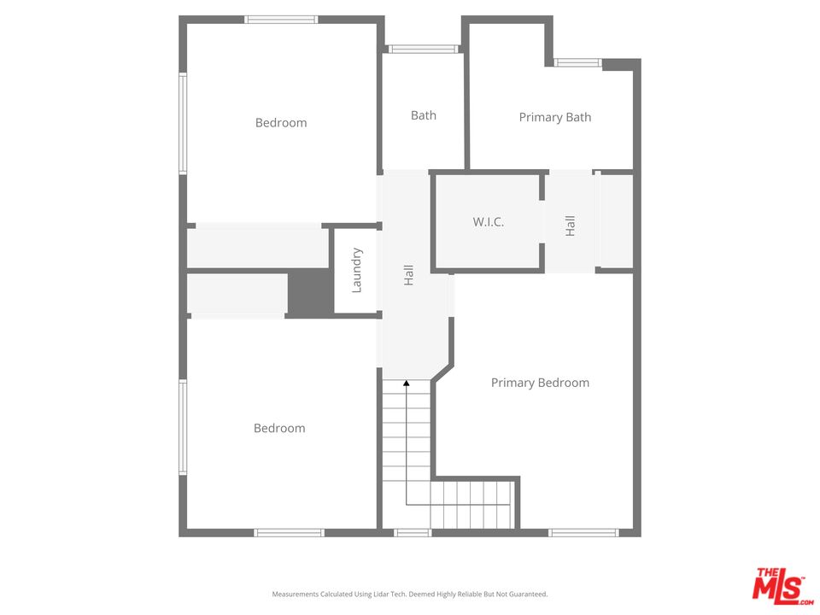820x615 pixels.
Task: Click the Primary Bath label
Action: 555,117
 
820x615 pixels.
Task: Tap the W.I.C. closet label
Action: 489,222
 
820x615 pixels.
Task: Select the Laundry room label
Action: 356,271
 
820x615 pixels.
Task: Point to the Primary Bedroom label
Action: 540,383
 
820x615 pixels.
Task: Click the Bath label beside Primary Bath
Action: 423,115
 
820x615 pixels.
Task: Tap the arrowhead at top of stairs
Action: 407,384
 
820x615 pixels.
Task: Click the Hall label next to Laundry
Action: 408,275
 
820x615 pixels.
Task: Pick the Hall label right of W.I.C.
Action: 570,225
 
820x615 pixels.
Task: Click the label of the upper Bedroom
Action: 281,122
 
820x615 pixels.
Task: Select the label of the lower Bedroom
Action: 279,428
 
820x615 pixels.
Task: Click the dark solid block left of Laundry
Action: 311,293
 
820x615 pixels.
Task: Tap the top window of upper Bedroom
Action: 281,20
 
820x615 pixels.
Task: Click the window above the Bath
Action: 423,50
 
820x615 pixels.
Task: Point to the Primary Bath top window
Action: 578,62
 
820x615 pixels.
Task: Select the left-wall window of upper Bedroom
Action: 183,123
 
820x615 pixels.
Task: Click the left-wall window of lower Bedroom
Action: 183,427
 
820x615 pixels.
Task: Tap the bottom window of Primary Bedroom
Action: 583,533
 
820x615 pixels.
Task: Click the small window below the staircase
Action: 413,533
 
